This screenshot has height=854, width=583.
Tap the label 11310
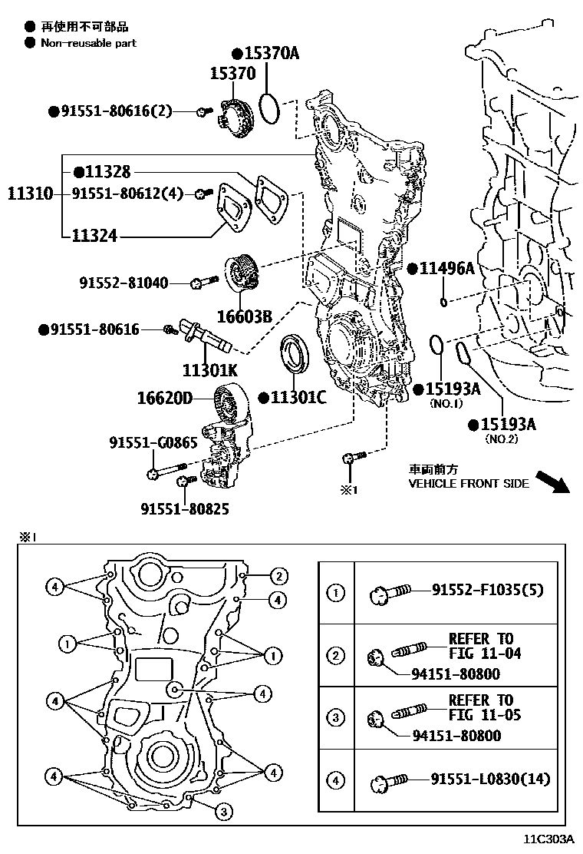(x=30, y=194)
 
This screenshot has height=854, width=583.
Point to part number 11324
(x=95, y=235)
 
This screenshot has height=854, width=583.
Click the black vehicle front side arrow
(x=550, y=481)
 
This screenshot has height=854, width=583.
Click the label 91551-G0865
(x=153, y=442)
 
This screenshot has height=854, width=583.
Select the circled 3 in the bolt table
(x=336, y=718)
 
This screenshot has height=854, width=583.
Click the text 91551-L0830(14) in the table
(x=490, y=780)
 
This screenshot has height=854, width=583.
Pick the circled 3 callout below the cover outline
(x=222, y=811)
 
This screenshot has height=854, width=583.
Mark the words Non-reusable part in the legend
(x=88, y=43)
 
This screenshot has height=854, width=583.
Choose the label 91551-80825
(x=184, y=508)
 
